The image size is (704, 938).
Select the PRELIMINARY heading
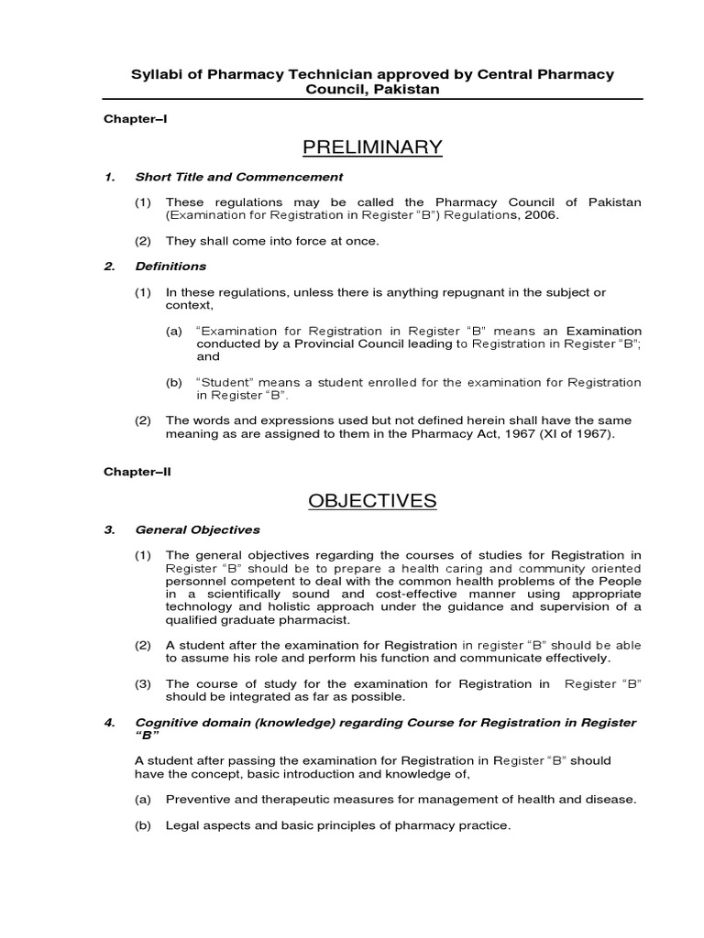point(371,147)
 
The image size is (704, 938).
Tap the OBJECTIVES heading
point(372,500)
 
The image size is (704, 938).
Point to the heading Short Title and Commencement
point(238,177)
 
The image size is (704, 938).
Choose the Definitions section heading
point(170,267)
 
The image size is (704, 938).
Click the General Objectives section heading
point(197,529)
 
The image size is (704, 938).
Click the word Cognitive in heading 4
point(166,723)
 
